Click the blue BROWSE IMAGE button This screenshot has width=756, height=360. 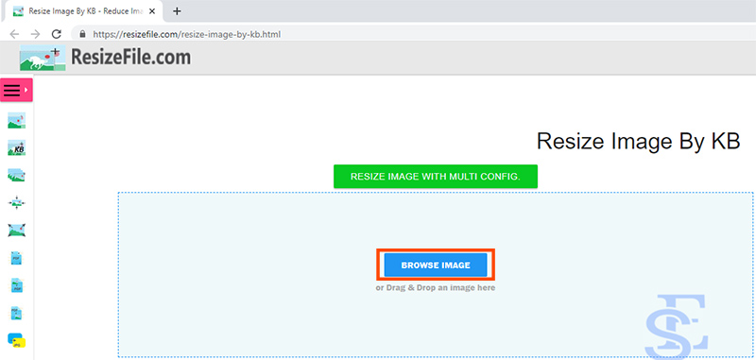tap(436, 266)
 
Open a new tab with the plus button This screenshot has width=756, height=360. tap(177, 11)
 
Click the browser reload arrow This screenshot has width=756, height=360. tap(56, 34)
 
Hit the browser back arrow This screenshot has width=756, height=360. tap(13, 34)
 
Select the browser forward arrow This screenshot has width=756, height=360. tap(34, 34)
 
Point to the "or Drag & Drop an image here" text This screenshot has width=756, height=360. tap(436, 287)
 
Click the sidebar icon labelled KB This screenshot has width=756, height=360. tap(16, 148)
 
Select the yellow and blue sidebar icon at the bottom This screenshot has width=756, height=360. tap(16, 339)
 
